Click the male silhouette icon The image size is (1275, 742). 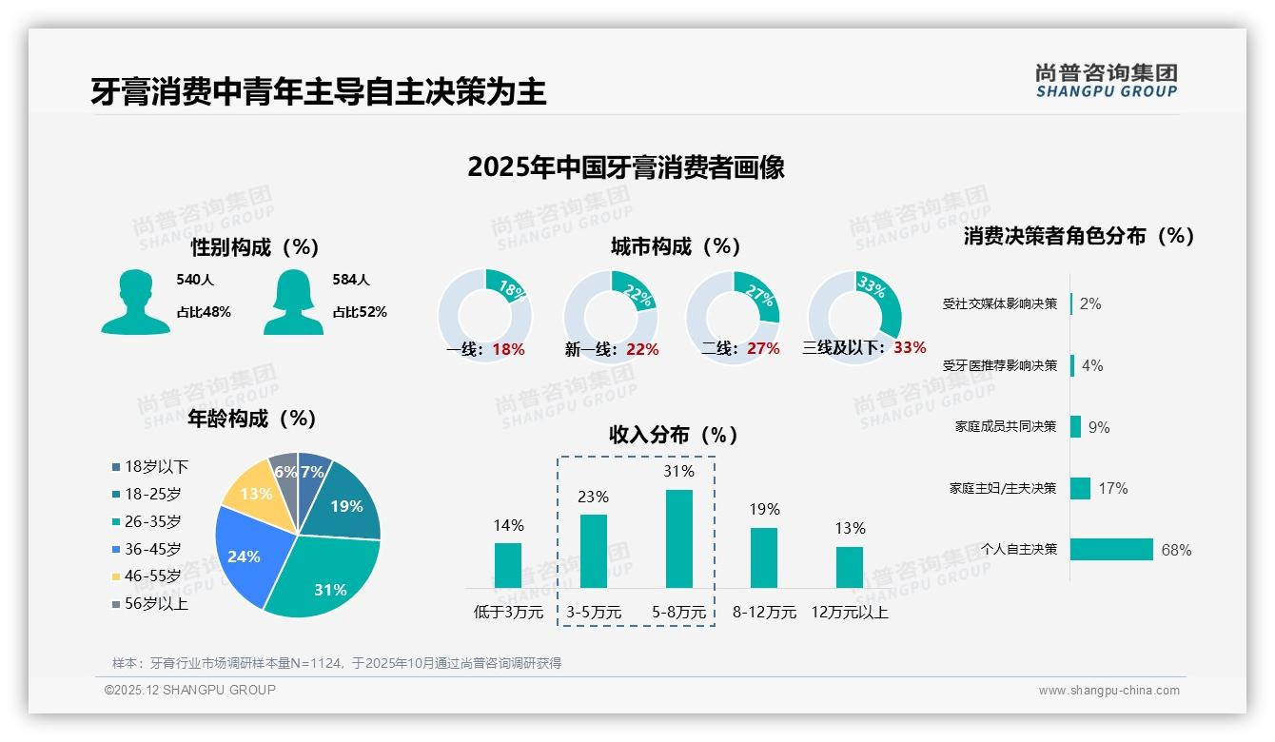coord(135,302)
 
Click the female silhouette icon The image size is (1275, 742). coord(293,302)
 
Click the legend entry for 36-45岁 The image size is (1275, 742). coord(151,549)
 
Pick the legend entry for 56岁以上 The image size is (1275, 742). coord(151,604)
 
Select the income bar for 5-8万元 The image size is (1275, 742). coord(678,538)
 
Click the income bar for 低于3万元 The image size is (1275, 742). coord(508,565)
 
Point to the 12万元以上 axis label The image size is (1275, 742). coord(849,613)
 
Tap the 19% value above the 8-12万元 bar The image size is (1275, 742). coord(763,509)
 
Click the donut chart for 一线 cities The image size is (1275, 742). coord(484,315)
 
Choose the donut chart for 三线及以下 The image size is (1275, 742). coord(854,315)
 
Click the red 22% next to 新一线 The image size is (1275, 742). coord(642,350)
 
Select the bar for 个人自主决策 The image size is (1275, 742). coord(1111,549)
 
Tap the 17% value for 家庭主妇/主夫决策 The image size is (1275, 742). coord(1112,488)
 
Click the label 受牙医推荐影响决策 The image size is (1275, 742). coord(999,365)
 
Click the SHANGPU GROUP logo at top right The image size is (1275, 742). coord(1106,81)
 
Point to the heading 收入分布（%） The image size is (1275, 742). coord(674,435)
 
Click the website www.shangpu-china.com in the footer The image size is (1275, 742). coord(1108,691)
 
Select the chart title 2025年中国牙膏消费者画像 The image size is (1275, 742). coord(625,167)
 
